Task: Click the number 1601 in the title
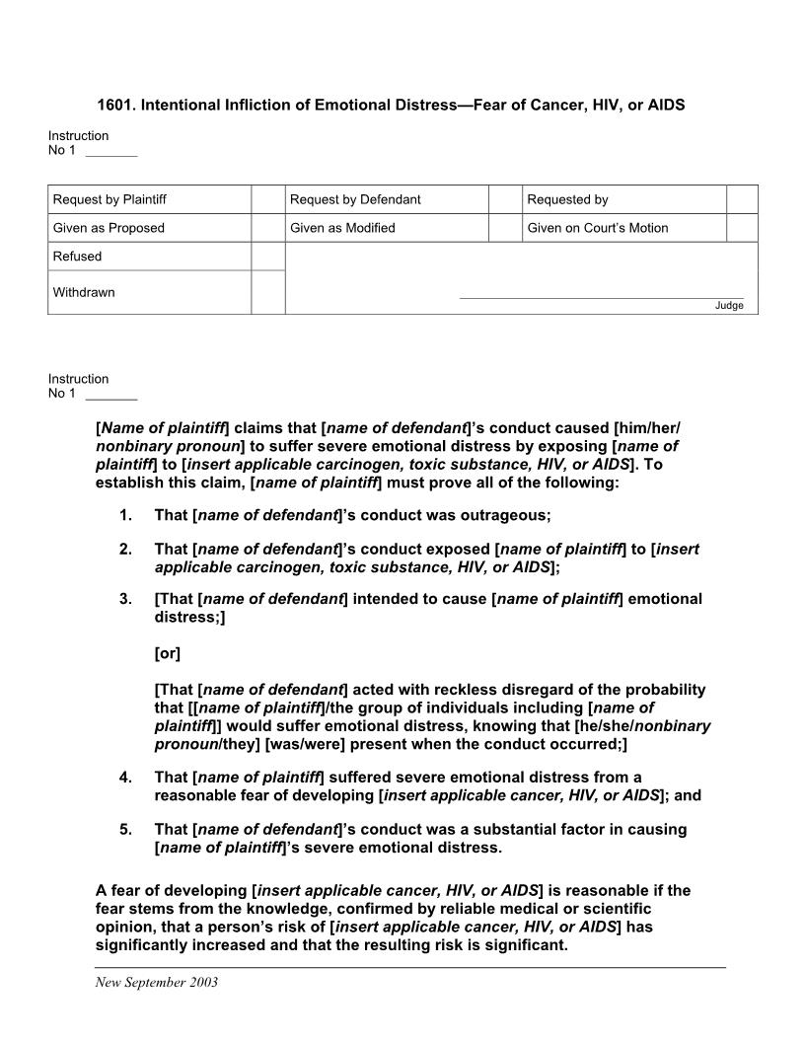115,104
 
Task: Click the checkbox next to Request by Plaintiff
267,199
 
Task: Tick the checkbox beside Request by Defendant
504,199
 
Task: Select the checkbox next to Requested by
742,199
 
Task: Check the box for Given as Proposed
267,228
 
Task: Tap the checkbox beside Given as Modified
504,228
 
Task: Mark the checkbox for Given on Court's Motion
742,228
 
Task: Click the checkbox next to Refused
267,257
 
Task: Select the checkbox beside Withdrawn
267,292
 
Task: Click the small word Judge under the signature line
729,306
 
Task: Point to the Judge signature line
602,297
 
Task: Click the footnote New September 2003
156,983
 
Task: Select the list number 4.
125,778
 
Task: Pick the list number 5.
125,829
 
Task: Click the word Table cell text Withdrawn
84,292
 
